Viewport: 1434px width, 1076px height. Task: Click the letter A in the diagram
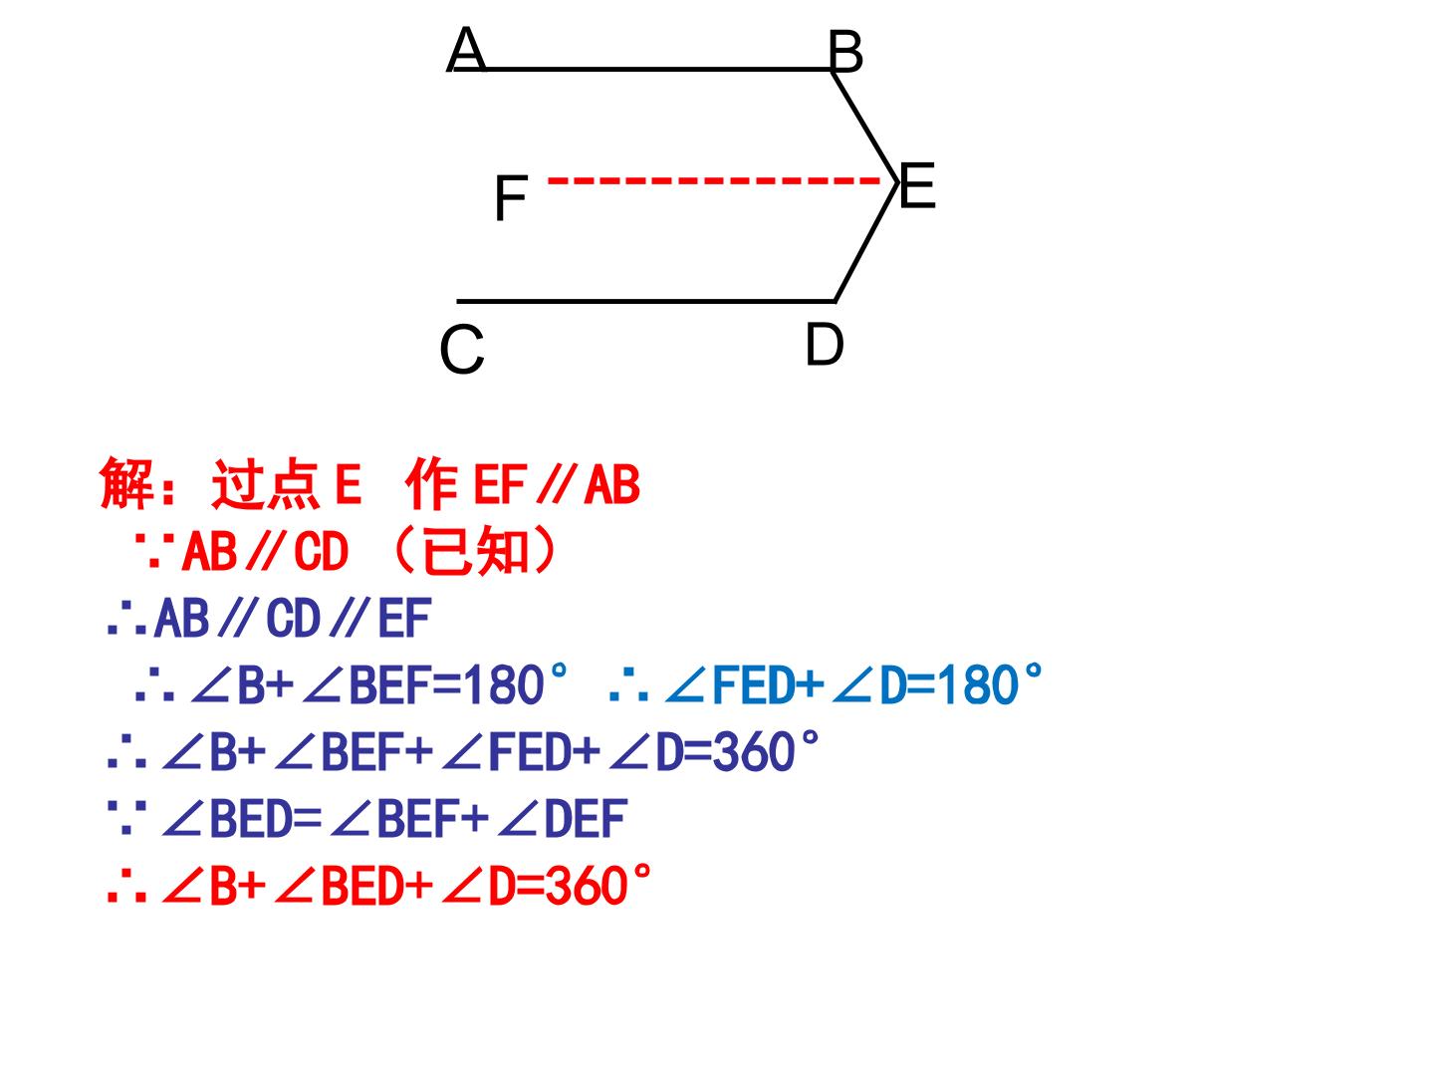[466, 49]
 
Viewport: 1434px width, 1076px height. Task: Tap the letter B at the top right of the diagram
[845, 52]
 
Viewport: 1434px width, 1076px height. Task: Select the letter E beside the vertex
[917, 185]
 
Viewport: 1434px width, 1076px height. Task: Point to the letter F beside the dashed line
[511, 198]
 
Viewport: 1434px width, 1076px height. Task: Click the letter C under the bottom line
[462, 350]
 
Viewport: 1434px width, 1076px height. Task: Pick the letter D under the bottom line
[825, 344]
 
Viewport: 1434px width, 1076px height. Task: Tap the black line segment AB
[641, 69]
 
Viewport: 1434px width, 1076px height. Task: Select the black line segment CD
[645, 301]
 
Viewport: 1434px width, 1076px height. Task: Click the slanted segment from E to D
[865, 242]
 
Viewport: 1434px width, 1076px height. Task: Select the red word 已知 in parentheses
[475, 551]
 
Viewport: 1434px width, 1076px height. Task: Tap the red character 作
[431, 483]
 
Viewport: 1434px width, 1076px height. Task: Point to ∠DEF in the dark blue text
[563, 819]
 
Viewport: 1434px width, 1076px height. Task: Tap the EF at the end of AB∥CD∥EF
[404, 618]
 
